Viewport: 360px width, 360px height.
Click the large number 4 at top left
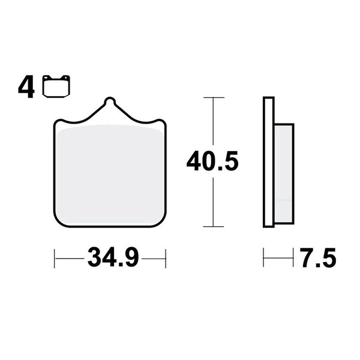pyautogui.click(x=26, y=87)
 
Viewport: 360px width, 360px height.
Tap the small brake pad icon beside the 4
pyautogui.click(x=56, y=86)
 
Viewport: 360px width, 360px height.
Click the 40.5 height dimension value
pyautogui.click(x=212, y=161)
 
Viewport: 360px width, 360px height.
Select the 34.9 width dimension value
pyautogui.click(x=113, y=257)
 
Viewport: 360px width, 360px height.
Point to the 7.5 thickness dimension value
pyautogui.click(x=318, y=257)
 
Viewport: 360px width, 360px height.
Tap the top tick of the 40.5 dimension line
pyautogui.click(x=214, y=98)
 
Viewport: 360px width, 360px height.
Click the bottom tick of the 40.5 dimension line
pyautogui.click(x=214, y=226)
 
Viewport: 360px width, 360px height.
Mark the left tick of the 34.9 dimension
pyautogui.click(x=55, y=258)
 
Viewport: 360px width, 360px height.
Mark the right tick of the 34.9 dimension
pyautogui.click(x=166, y=258)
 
